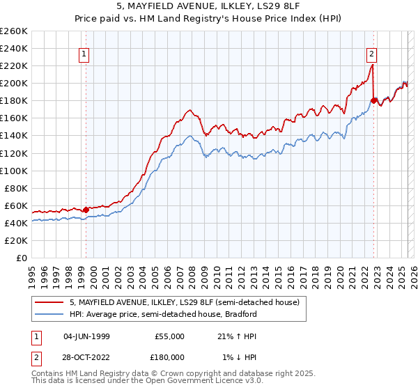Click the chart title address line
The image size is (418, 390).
tap(208, 6)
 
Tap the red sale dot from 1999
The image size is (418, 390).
tap(86, 210)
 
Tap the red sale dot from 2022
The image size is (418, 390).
tap(374, 100)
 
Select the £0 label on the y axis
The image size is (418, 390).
tap(21, 258)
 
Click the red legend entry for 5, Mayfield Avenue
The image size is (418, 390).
tap(185, 302)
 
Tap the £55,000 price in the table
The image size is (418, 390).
tap(169, 336)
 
